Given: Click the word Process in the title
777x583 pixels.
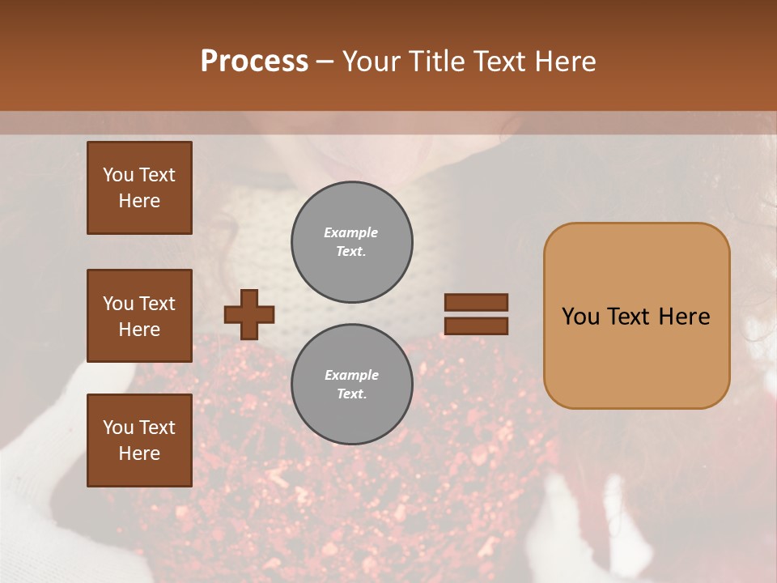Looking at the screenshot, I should [x=254, y=62].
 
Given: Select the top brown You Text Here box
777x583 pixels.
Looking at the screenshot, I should [x=139, y=188].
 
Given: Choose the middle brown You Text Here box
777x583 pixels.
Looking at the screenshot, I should [x=139, y=316].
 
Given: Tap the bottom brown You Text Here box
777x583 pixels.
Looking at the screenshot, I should [x=139, y=440].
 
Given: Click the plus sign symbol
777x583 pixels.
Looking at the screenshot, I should [x=249, y=314].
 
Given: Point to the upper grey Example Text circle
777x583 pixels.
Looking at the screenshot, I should [x=352, y=242].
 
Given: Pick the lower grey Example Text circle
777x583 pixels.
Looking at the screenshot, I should [x=352, y=385].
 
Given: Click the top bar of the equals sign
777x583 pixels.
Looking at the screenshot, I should [x=476, y=303].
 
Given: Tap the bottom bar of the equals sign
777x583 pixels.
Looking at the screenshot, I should [x=476, y=326].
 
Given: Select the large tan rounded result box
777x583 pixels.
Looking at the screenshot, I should [x=636, y=316].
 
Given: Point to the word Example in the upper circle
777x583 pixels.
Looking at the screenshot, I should [x=351, y=233].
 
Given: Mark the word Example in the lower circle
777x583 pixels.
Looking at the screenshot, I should [x=351, y=376].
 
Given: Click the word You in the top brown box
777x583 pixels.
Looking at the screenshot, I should [x=117, y=175].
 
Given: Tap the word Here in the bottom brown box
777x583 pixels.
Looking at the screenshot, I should [x=139, y=453].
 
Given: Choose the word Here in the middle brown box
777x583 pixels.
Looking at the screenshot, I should [x=139, y=330].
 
